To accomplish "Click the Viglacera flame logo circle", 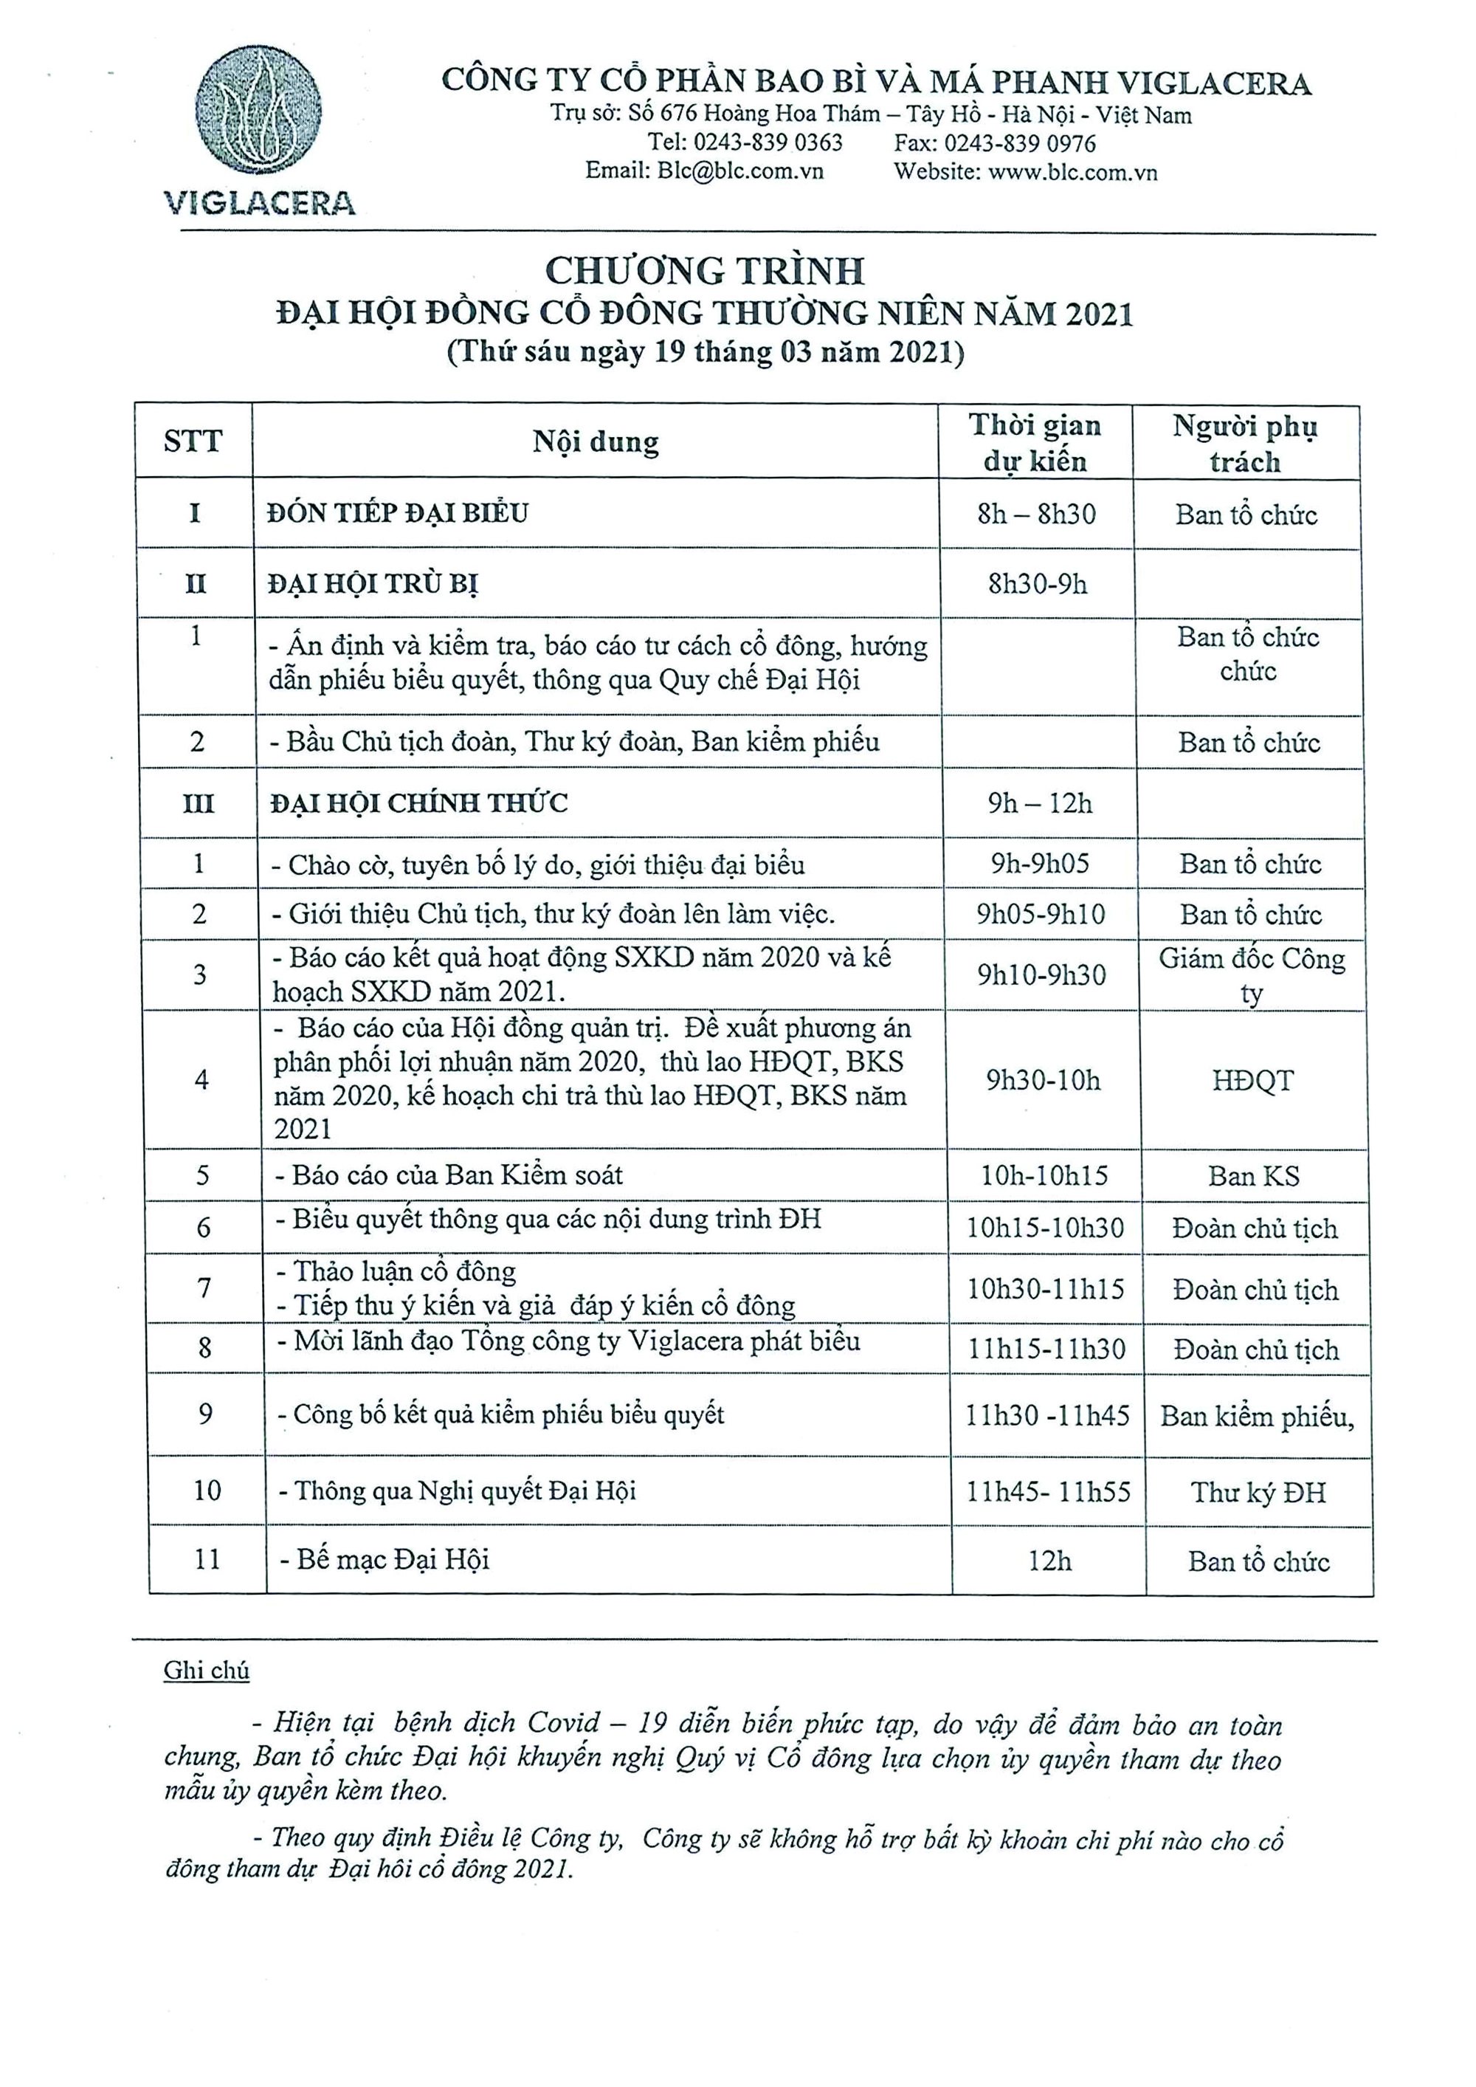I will pos(259,111).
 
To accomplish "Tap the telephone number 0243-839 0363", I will pos(768,142).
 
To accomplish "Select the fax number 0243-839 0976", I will pos(1019,142).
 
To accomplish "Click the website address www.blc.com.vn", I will pos(1072,172).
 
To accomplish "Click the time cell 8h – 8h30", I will pos(1036,515).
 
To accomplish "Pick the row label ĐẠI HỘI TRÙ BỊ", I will pos(373,583).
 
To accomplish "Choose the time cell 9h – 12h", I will pos(1040,803).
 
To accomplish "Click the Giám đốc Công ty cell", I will pos(1252,974).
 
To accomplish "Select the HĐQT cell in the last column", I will pos(1252,1081).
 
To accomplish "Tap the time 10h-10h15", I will pos(1044,1176).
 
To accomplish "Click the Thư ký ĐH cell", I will pos(1258,1493).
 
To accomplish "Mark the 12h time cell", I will pos(1049,1561).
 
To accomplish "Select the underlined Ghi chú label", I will pos(207,1671).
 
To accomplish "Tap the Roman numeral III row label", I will pos(198,803).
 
